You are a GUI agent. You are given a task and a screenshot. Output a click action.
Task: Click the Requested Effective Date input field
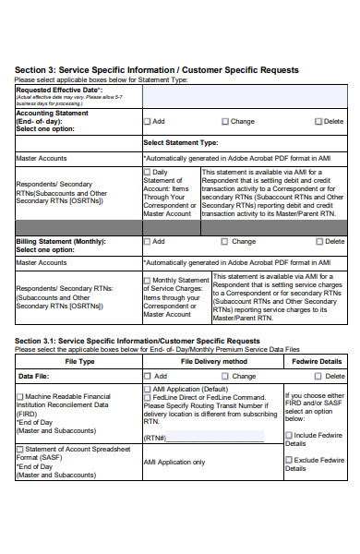point(245,96)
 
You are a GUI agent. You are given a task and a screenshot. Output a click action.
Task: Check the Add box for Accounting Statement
point(148,121)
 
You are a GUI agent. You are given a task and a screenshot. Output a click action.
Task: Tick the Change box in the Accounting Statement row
point(225,121)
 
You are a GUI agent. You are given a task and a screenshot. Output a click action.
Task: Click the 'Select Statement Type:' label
point(181,143)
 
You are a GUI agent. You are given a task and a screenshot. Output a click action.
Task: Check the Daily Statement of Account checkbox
point(148,172)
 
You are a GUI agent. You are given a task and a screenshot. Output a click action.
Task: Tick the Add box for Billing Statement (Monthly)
point(148,242)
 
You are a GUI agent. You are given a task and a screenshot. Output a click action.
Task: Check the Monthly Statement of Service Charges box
point(148,280)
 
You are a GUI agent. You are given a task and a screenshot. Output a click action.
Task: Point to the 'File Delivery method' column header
point(212,361)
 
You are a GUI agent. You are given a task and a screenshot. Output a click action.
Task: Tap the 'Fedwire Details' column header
point(317,361)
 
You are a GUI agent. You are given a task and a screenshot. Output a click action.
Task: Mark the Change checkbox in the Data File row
point(225,377)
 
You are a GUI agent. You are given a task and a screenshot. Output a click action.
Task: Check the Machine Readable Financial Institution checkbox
point(19,396)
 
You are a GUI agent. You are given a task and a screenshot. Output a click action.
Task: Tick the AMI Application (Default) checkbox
point(146,390)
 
